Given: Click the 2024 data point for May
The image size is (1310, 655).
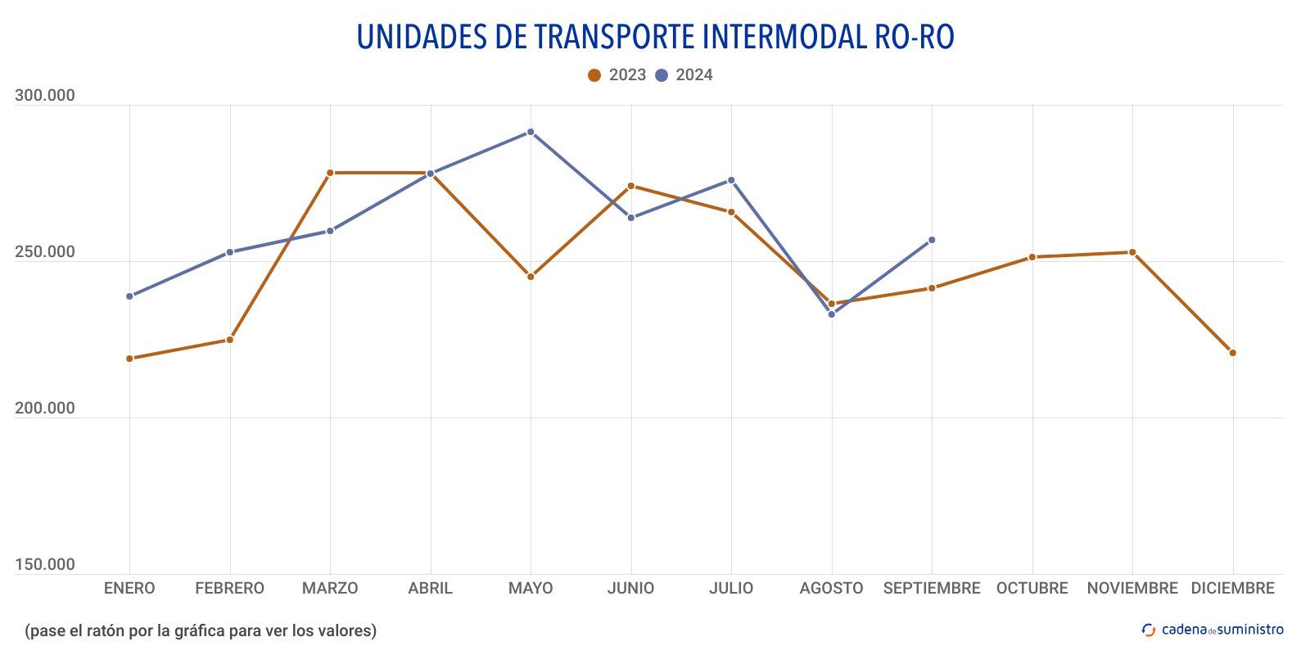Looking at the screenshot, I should [x=531, y=132].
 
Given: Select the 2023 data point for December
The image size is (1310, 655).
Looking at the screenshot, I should [x=1233, y=353].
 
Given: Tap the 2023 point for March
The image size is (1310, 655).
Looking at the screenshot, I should [x=330, y=173].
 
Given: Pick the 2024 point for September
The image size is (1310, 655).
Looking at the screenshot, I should [x=932, y=240].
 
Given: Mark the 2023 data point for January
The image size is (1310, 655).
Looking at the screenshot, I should [x=129, y=359].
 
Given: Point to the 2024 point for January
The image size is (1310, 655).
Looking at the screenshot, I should [x=129, y=296].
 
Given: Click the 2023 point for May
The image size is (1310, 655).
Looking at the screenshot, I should [x=531, y=277].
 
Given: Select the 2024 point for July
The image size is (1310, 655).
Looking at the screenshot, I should [x=731, y=180].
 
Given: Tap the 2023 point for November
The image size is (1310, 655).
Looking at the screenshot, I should [x=1132, y=252].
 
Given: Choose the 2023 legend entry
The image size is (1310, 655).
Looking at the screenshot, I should [x=617, y=75].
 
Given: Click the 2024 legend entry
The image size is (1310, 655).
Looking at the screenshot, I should [x=684, y=75].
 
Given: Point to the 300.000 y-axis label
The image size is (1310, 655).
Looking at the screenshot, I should [x=45, y=96].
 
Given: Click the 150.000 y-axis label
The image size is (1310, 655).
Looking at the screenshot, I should [x=45, y=565].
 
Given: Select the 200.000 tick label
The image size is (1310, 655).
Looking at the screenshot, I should [x=45, y=409].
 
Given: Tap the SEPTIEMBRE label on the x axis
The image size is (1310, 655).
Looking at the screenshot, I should [x=932, y=589].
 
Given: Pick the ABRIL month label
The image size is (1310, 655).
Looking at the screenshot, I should [x=430, y=589].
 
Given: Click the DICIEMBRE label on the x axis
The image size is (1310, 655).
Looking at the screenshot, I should [x=1233, y=589].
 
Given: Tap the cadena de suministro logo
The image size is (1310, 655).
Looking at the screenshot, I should [x=1213, y=630].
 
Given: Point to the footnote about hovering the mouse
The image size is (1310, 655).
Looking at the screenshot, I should [x=201, y=630].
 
